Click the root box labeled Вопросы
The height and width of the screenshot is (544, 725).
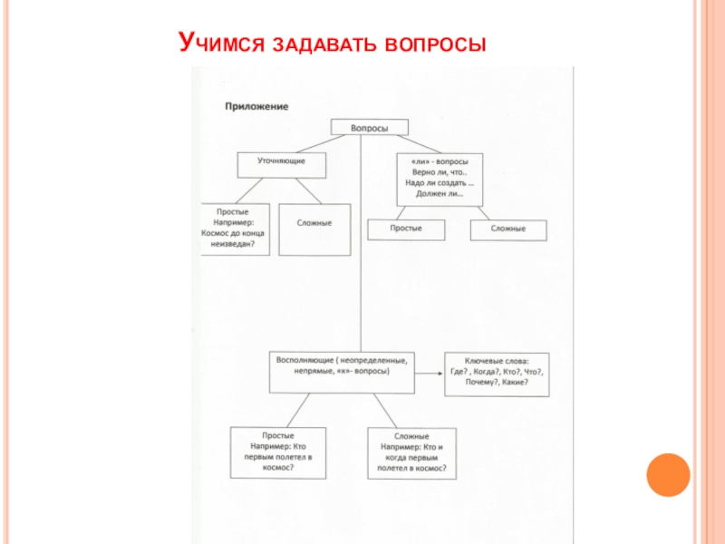point(369,128)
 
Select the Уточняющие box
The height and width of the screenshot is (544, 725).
point(280,163)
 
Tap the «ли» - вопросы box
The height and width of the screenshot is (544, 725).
point(439,176)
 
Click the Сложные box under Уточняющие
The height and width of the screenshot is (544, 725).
point(314,228)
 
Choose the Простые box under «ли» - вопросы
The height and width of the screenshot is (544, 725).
point(406,228)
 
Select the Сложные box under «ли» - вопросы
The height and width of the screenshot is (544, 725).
point(509,229)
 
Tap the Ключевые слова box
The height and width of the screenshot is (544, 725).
point(496,372)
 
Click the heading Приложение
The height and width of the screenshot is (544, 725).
point(256,107)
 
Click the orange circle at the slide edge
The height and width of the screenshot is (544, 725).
point(668,475)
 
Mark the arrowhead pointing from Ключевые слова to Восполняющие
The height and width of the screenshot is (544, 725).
point(420,372)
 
